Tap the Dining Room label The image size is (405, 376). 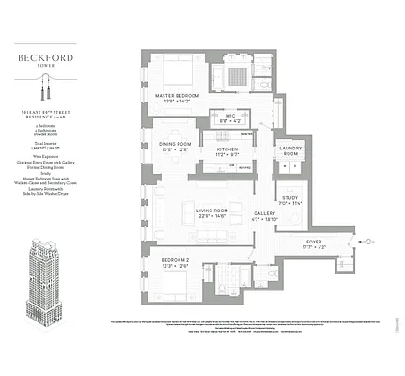177,143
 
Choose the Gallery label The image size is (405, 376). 264,213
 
